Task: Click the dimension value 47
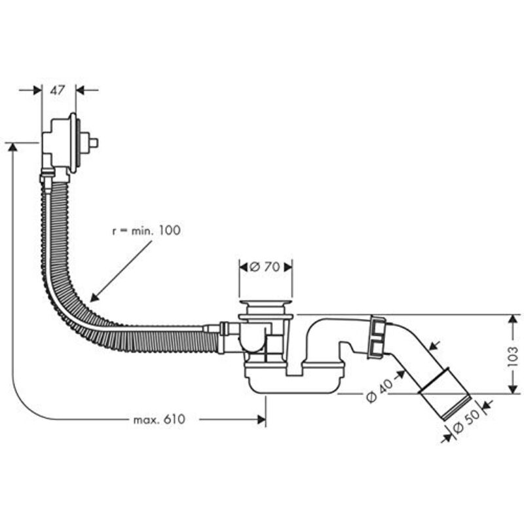(x=58, y=90)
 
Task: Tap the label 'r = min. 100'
(x=145, y=231)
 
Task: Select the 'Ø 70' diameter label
(x=265, y=267)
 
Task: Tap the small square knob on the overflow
(x=93, y=141)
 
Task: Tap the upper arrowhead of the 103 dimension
(x=512, y=318)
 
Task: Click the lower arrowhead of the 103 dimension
(x=512, y=390)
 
